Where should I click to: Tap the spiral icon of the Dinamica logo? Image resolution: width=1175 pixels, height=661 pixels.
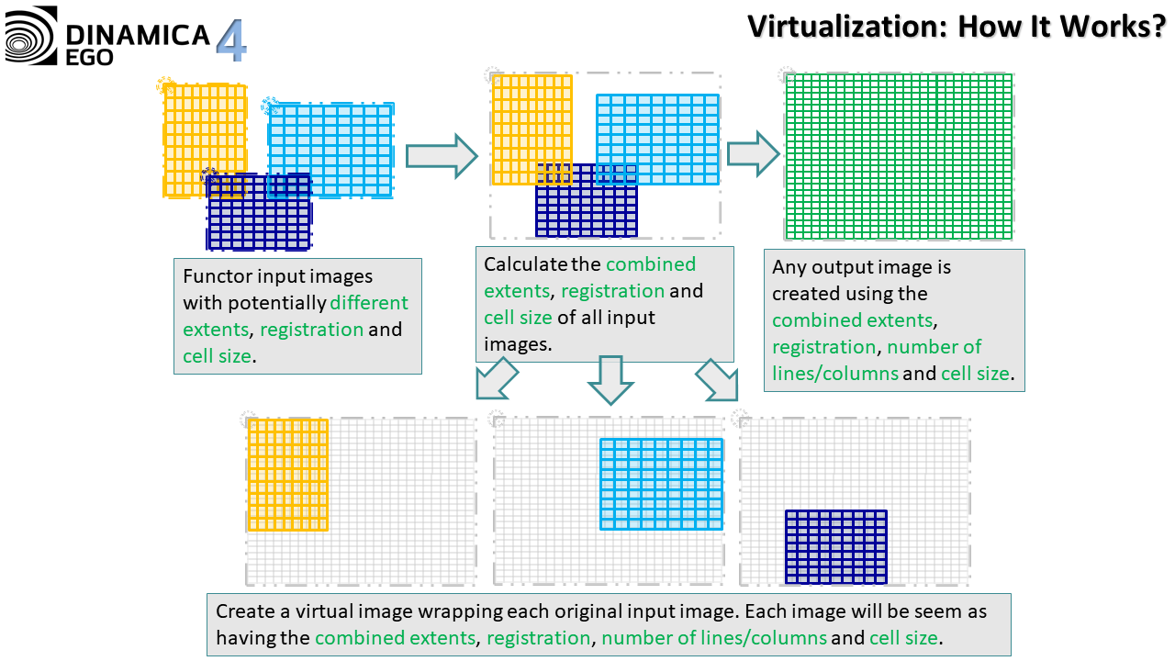[x=31, y=36]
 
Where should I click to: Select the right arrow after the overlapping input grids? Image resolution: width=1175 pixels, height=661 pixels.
[x=442, y=156]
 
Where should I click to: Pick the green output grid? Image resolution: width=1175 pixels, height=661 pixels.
[x=899, y=156]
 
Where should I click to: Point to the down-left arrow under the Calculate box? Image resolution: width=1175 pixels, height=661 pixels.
[x=497, y=378]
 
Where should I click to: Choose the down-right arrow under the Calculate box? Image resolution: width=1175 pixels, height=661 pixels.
[x=718, y=379]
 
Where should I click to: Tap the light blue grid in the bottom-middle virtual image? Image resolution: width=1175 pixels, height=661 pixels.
[x=661, y=484]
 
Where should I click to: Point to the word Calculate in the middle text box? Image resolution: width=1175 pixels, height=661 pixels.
[x=526, y=264]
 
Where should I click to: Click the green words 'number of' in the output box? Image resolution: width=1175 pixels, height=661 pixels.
[x=934, y=347]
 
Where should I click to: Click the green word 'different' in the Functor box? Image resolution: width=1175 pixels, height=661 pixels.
[x=369, y=303]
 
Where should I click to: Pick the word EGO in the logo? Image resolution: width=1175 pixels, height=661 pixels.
[x=90, y=56]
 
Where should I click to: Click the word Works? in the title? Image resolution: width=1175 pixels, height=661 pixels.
[x=1110, y=26]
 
